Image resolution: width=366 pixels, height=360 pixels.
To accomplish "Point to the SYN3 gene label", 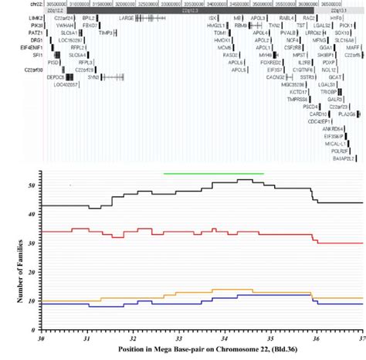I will click(93, 77).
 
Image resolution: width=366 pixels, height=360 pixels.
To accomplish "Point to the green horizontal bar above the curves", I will click(214, 174).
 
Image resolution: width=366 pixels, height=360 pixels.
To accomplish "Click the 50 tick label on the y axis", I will click(31, 185).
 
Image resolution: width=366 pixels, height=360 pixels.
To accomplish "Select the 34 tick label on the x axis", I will click(224, 338).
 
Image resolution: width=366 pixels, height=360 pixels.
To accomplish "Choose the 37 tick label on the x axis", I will click(360, 338).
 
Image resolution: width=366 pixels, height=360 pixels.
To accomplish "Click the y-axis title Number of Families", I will click(9, 255).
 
